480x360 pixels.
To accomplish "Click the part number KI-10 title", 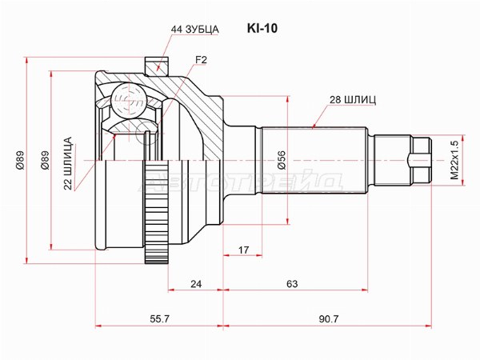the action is click(x=262, y=29).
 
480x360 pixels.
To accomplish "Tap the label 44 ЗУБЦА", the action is click(x=194, y=30).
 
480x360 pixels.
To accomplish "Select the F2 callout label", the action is click(x=201, y=60).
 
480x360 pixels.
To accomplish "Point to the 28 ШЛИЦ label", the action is click(x=353, y=100).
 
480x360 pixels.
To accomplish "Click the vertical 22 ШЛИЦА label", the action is click(x=68, y=163).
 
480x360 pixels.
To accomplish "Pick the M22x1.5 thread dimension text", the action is click(x=454, y=160).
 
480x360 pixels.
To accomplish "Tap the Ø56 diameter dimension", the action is click(x=282, y=160).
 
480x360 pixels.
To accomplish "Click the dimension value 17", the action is click(x=244, y=250).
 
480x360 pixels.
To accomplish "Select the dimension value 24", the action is click(x=196, y=284).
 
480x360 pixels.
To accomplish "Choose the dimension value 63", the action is click(x=292, y=284).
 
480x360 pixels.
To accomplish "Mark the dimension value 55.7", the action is click(x=159, y=319).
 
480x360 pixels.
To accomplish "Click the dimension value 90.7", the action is click(x=329, y=319).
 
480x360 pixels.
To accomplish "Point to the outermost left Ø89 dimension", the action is click(x=20, y=160).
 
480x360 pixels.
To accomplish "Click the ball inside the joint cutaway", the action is click(x=126, y=98).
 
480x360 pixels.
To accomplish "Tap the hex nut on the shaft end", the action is click(x=420, y=160).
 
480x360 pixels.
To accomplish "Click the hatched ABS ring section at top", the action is click(x=156, y=66).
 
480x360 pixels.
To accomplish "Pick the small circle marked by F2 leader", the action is click(x=147, y=132).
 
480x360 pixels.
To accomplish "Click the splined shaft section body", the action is click(x=314, y=160).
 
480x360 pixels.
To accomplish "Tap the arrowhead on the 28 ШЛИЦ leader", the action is click(x=314, y=126).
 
